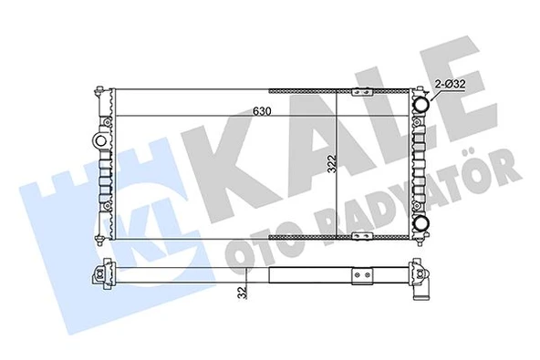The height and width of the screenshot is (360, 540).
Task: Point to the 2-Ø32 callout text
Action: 452,83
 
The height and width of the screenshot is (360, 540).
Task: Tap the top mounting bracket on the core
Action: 360,90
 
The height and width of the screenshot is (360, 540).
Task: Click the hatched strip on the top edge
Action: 306,90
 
